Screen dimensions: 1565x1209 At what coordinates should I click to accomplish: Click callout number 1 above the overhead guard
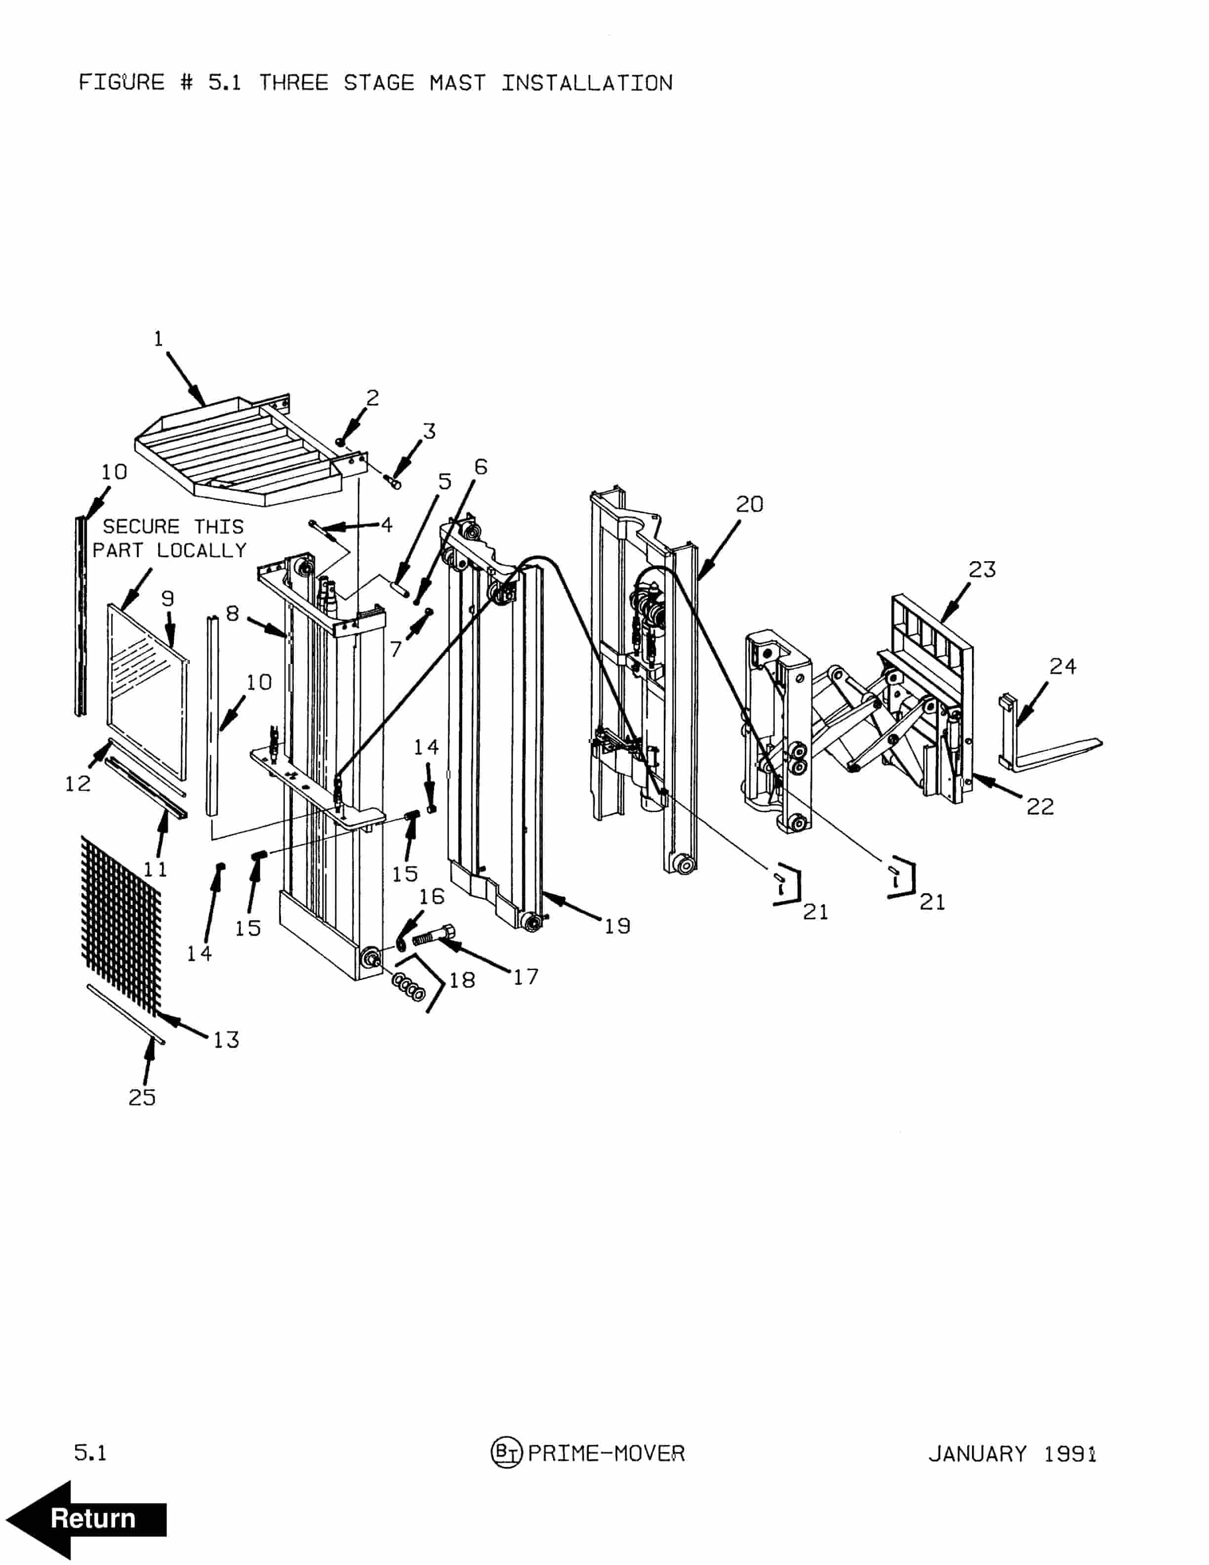(x=159, y=339)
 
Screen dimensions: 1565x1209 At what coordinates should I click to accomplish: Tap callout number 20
(x=749, y=504)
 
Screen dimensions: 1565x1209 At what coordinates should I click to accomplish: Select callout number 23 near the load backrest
(x=982, y=570)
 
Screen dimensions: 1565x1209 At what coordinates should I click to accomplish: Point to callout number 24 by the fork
(x=1062, y=666)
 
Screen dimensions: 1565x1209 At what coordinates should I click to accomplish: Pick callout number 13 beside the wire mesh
(x=226, y=1040)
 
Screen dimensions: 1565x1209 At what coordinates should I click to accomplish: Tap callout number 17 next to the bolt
(x=525, y=977)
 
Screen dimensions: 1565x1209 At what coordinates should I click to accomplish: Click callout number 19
(x=617, y=927)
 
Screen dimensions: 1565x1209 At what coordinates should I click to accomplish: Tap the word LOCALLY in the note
(x=201, y=550)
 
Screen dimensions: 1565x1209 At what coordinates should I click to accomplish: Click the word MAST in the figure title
(x=457, y=83)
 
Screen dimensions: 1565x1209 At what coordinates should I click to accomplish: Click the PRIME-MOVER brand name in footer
(x=606, y=1453)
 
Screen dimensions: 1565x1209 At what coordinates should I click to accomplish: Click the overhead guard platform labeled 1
(x=237, y=452)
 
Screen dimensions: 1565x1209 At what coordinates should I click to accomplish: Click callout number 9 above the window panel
(x=167, y=598)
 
